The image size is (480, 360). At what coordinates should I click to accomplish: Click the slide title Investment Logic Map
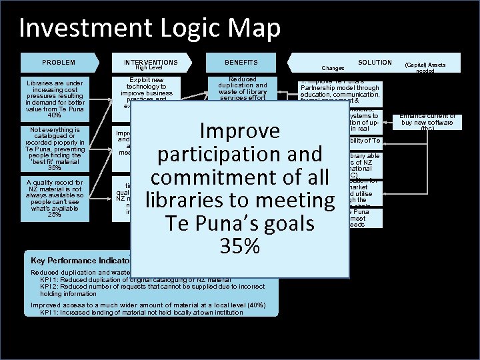(150, 28)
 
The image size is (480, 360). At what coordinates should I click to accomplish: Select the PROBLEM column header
(59, 63)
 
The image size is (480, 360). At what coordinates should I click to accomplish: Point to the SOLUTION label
(375, 62)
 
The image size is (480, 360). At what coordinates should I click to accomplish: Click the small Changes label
(333, 68)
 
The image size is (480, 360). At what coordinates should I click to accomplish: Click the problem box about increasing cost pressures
(59, 99)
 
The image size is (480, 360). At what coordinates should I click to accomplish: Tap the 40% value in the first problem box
(59, 115)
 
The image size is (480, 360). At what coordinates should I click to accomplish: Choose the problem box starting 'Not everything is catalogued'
(59, 149)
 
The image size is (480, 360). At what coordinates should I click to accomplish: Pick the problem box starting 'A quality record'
(59, 198)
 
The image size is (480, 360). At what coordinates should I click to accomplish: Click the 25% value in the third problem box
(59, 214)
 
